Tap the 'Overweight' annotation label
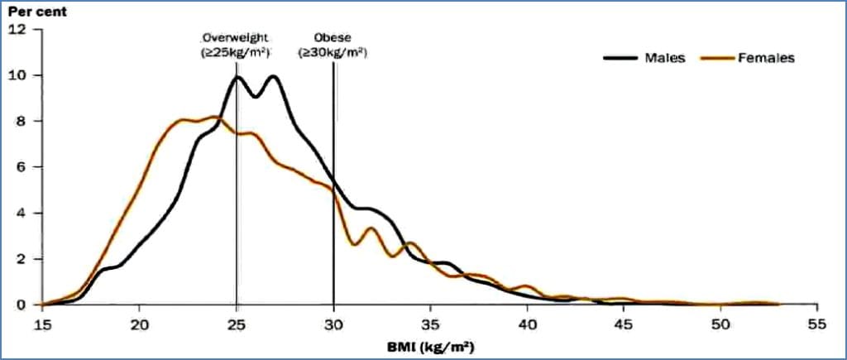tap(236, 39)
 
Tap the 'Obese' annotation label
tap(333, 39)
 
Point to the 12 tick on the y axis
tap(22, 30)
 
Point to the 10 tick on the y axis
tap(22, 75)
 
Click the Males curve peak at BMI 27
tap(273, 77)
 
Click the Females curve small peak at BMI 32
tap(371, 228)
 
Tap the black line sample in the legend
tap(621, 58)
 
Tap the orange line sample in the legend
tap(719, 58)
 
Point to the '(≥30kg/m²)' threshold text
tap(333, 52)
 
